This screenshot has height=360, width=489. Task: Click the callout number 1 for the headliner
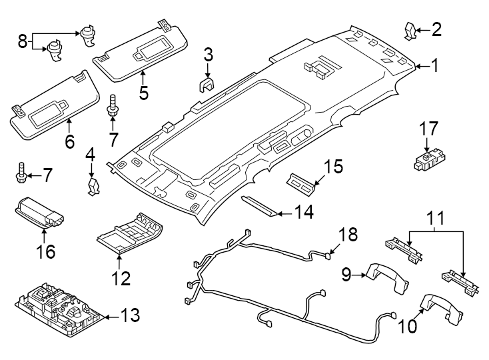[x=434, y=66]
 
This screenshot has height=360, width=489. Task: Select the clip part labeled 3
[x=207, y=85]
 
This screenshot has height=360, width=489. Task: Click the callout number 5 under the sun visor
[x=143, y=92]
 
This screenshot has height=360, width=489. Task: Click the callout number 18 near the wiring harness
[x=348, y=235]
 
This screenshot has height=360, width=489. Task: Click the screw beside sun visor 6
[x=113, y=105]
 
